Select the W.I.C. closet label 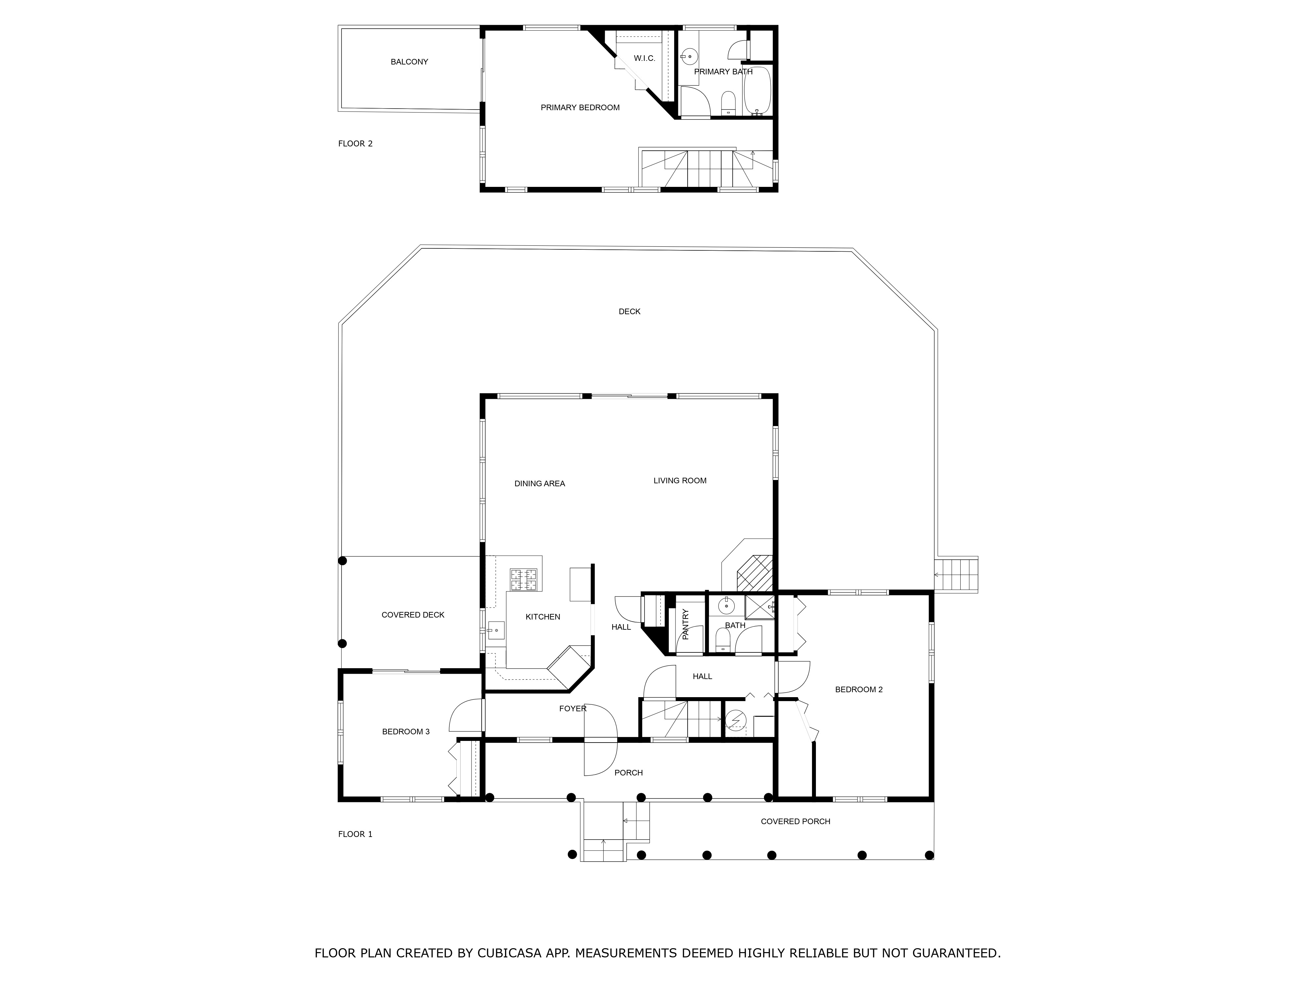pyautogui.click(x=644, y=58)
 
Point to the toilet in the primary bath pyautogui.click(x=728, y=103)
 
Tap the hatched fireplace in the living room pyautogui.click(x=754, y=572)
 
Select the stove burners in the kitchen pyautogui.click(x=523, y=580)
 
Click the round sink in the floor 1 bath pyautogui.click(x=726, y=606)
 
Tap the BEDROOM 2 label pyautogui.click(x=858, y=690)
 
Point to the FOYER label pyautogui.click(x=572, y=709)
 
